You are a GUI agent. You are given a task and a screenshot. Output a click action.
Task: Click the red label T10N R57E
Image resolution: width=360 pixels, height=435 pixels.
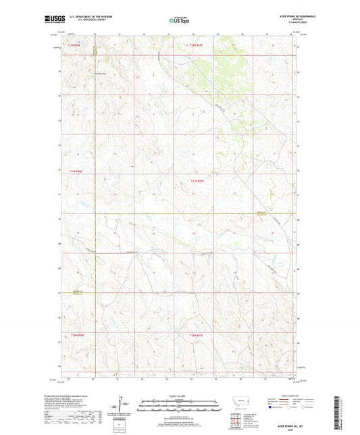pos(196,335)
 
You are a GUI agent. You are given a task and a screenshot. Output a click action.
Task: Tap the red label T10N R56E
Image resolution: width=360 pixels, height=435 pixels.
pos(75,335)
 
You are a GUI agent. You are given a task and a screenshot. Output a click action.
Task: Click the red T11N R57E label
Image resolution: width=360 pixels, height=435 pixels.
pos(196,180)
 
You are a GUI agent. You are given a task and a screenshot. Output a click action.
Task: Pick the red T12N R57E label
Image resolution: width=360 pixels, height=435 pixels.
pos(196,45)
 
